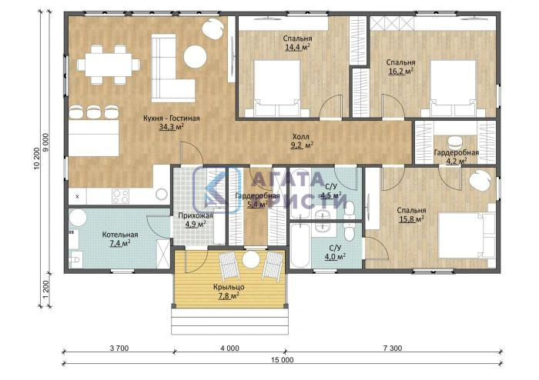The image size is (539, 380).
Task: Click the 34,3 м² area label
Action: [x=171, y=128]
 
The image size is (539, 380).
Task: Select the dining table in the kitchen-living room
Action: [x=109, y=65]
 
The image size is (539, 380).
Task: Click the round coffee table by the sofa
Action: [x=196, y=57]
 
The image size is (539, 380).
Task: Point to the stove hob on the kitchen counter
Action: [x=121, y=197]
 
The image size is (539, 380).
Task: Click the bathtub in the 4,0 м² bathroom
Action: [x=300, y=246]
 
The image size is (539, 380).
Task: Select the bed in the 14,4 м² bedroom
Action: [x=276, y=89]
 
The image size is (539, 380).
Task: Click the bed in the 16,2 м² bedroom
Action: [x=454, y=89]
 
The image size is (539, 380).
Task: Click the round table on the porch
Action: [x=250, y=259]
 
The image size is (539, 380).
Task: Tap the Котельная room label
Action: [x=120, y=235]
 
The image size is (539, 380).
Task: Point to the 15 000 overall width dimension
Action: [x=283, y=360]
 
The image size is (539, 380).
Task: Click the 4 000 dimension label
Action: [x=229, y=348]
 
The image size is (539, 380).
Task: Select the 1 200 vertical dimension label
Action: [x=47, y=289]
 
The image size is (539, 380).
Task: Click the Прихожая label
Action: [x=196, y=216]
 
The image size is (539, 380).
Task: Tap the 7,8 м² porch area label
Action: [x=229, y=295]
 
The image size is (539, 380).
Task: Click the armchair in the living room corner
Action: [x=213, y=28]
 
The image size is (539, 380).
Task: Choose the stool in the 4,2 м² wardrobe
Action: [x=455, y=142]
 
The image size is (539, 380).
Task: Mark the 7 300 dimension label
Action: [x=392, y=348]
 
